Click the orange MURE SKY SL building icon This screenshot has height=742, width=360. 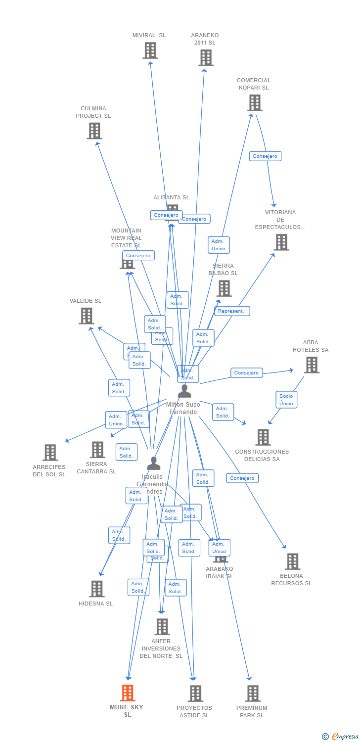[x=128, y=693]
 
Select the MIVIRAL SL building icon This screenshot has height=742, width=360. [x=150, y=50]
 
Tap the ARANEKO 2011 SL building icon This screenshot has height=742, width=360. [x=206, y=57]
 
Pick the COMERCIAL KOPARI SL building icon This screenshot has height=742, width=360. [x=255, y=102]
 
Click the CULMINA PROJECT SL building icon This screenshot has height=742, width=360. [x=94, y=131]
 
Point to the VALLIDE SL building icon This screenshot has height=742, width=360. [x=87, y=316]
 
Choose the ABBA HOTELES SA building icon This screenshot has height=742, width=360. [x=312, y=365]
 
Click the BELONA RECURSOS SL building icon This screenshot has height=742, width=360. [x=293, y=561]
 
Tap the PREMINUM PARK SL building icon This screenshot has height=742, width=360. [x=253, y=693]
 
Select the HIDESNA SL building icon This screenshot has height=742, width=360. [x=97, y=589]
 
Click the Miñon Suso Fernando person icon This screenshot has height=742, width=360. [x=184, y=391]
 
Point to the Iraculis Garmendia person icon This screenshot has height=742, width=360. [x=154, y=463]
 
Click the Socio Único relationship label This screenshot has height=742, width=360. [x=286, y=399]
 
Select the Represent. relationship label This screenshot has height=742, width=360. [x=231, y=311]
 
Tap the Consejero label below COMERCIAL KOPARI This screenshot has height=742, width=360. [x=265, y=156]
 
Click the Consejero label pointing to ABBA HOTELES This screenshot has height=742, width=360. [x=246, y=373]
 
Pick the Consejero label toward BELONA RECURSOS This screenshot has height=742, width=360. [x=242, y=478]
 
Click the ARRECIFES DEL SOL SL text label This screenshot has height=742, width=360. [x=49, y=471]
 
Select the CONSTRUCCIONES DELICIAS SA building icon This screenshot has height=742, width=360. [x=263, y=437]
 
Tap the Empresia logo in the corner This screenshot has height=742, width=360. [x=341, y=736]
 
